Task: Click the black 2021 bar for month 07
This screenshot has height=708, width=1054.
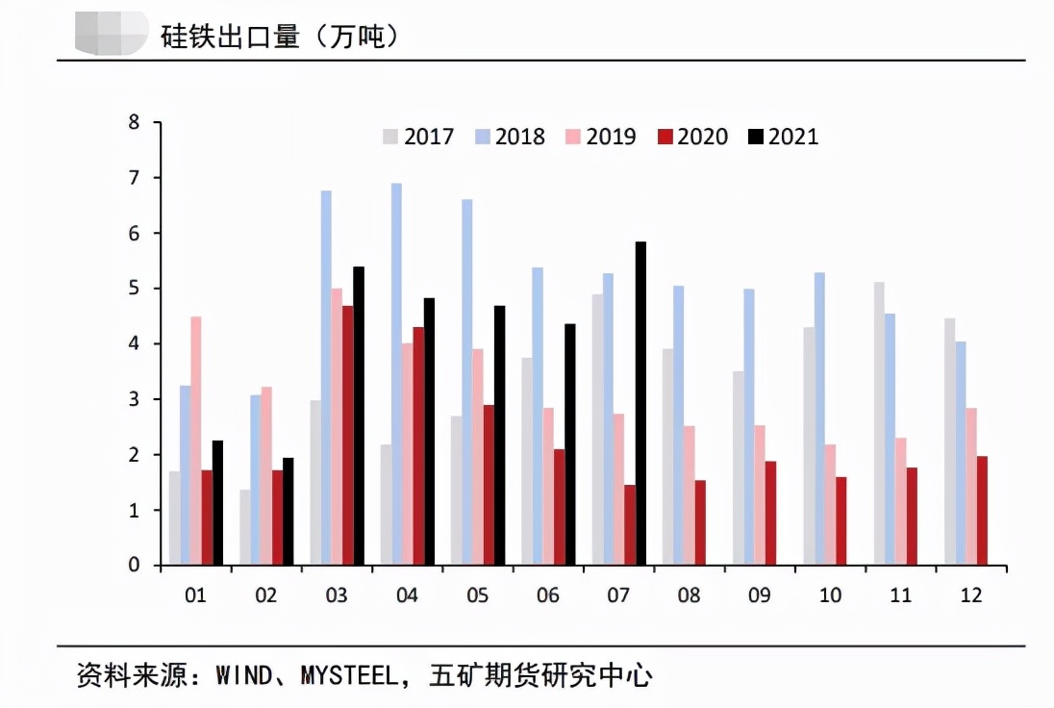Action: pyautogui.click(x=640, y=403)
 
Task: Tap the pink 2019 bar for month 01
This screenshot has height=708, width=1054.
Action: pyautogui.click(x=195, y=440)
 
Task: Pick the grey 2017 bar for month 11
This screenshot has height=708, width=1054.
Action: pyautogui.click(x=879, y=423)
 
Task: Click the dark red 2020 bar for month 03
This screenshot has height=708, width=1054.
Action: pyautogui.click(x=347, y=435)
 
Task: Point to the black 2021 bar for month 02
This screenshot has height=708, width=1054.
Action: pyautogui.click(x=289, y=511)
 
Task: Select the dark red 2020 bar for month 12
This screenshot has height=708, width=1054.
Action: pyautogui.click(x=981, y=511)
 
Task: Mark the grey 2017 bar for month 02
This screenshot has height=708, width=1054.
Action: pyautogui.click(x=245, y=527)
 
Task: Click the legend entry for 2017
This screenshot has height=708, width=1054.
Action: pyautogui.click(x=418, y=137)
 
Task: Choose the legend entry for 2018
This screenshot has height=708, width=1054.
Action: pyautogui.click(x=510, y=137)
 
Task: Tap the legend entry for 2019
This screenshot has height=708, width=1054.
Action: pyautogui.click(x=601, y=137)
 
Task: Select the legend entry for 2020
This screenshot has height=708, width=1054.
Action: pyautogui.click(x=692, y=137)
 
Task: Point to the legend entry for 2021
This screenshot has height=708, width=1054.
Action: pyautogui.click(x=784, y=137)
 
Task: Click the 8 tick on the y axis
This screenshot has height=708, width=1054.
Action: pyautogui.click(x=134, y=123)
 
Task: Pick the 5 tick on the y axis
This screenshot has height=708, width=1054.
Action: pyautogui.click(x=134, y=289)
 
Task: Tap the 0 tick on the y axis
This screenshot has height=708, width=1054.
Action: pyautogui.click(x=134, y=566)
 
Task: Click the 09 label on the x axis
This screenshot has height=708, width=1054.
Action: pyautogui.click(x=760, y=595)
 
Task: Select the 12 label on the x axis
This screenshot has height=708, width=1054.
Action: pyautogui.click(x=971, y=595)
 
